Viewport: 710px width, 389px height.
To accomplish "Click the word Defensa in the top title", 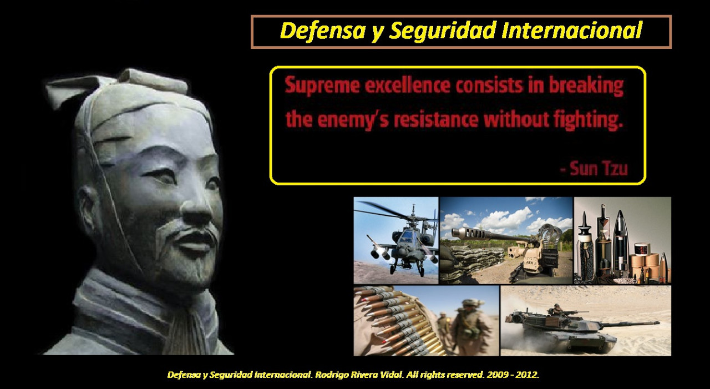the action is pyautogui.click(x=323, y=31).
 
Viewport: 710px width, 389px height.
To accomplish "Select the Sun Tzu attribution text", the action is pyautogui.click(x=594, y=168).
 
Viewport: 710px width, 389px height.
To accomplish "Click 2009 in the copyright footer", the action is pyautogui.click(x=498, y=375).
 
